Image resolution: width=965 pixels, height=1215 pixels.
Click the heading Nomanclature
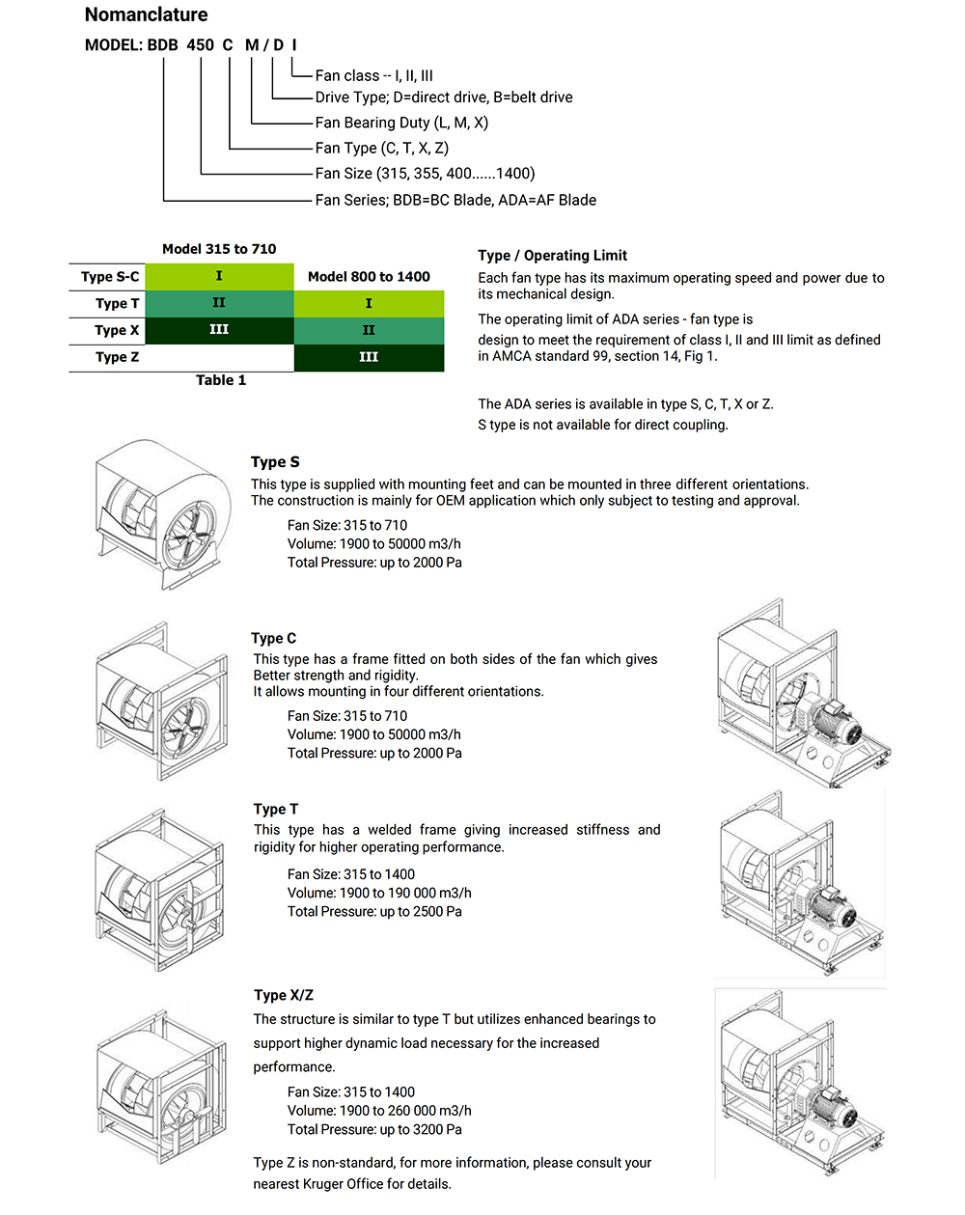point(146,14)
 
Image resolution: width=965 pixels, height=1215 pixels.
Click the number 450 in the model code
point(200,44)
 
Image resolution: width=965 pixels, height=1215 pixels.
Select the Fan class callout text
point(373,75)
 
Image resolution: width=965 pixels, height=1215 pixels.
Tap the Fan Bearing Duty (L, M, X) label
point(401,123)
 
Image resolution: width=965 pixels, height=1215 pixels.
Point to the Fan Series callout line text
point(455,200)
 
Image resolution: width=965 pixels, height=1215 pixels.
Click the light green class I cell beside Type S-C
point(219,276)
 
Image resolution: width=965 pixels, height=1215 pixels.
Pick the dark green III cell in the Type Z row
point(369,357)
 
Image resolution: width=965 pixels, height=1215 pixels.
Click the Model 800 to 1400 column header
point(369,276)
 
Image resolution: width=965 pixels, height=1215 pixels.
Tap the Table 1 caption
point(221,380)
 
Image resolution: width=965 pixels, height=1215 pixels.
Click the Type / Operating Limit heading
point(552,255)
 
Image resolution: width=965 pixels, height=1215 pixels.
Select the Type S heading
point(275,462)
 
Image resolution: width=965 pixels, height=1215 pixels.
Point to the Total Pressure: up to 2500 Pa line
point(374,911)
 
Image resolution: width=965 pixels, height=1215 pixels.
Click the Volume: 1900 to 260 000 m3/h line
point(379,1111)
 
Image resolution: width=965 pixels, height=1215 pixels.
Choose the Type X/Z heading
point(284,995)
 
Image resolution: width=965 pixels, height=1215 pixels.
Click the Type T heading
point(276,809)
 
